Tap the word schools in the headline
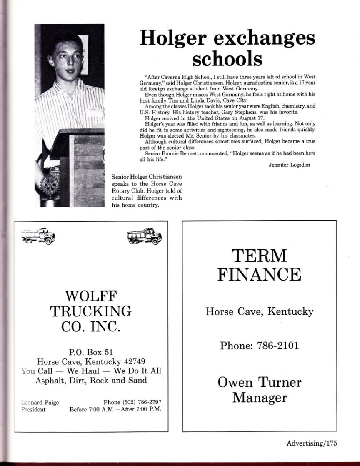(x=227, y=59)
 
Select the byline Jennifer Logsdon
(x=289, y=165)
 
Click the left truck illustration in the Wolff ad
(x=38, y=236)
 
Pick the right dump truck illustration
(x=144, y=236)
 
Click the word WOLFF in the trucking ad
(x=91, y=297)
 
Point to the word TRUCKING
(x=91, y=311)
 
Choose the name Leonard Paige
(x=40, y=402)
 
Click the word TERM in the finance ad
(x=259, y=255)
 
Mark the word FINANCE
(x=259, y=274)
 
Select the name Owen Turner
(x=259, y=382)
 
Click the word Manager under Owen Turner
(x=259, y=397)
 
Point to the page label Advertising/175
(x=311, y=443)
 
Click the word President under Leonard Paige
(x=33, y=409)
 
